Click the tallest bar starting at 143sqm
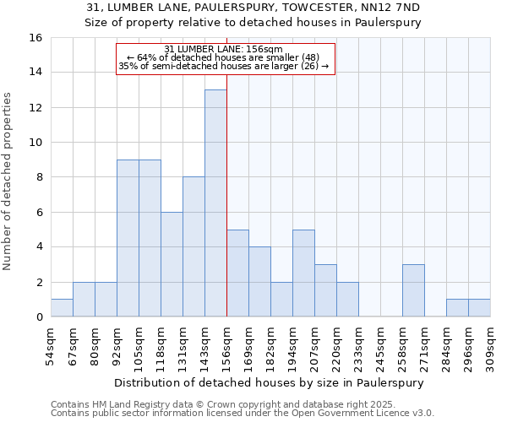click(x=215, y=203)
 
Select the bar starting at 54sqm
click(x=62, y=308)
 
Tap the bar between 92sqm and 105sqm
click(x=128, y=238)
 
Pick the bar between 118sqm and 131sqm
click(x=172, y=264)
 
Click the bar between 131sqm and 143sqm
click(x=194, y=246)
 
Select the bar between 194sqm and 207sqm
click(x=303, y=273)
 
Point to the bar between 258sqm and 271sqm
click(x=413, y=290)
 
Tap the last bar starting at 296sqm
click(x=479, y=308)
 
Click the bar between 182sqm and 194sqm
click(x=281, y=300)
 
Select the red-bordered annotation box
click(x=226, y=58)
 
